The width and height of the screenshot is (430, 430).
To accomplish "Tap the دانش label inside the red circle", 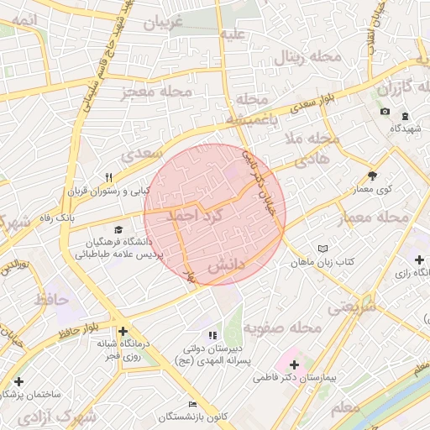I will pyautogui.click(x=226, y=265).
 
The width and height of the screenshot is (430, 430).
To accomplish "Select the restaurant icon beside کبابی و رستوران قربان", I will pyautogui.click(x=109, y=177).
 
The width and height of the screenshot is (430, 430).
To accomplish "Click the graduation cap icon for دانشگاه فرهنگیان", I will pyautogui.click(x=118, y=229).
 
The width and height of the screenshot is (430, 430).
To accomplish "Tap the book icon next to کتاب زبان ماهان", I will pyautogui.click(x=322, y=249).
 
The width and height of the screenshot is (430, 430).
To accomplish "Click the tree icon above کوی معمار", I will pyautogui.click(x=372, y=176).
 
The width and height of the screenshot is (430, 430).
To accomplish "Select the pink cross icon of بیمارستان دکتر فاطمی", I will pyautogui.click(x=294, y=364).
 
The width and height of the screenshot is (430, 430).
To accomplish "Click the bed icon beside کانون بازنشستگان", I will pyautogui.click(x=193, y=404).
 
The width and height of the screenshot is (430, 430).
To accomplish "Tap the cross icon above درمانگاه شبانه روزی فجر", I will pyautogui.click(x=123, y=332).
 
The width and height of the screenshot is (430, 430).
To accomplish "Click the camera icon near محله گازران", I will pyautogui.click(x=385, y=112).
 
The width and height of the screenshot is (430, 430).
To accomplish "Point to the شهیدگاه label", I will pyautogui.click(x=406, y=128).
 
